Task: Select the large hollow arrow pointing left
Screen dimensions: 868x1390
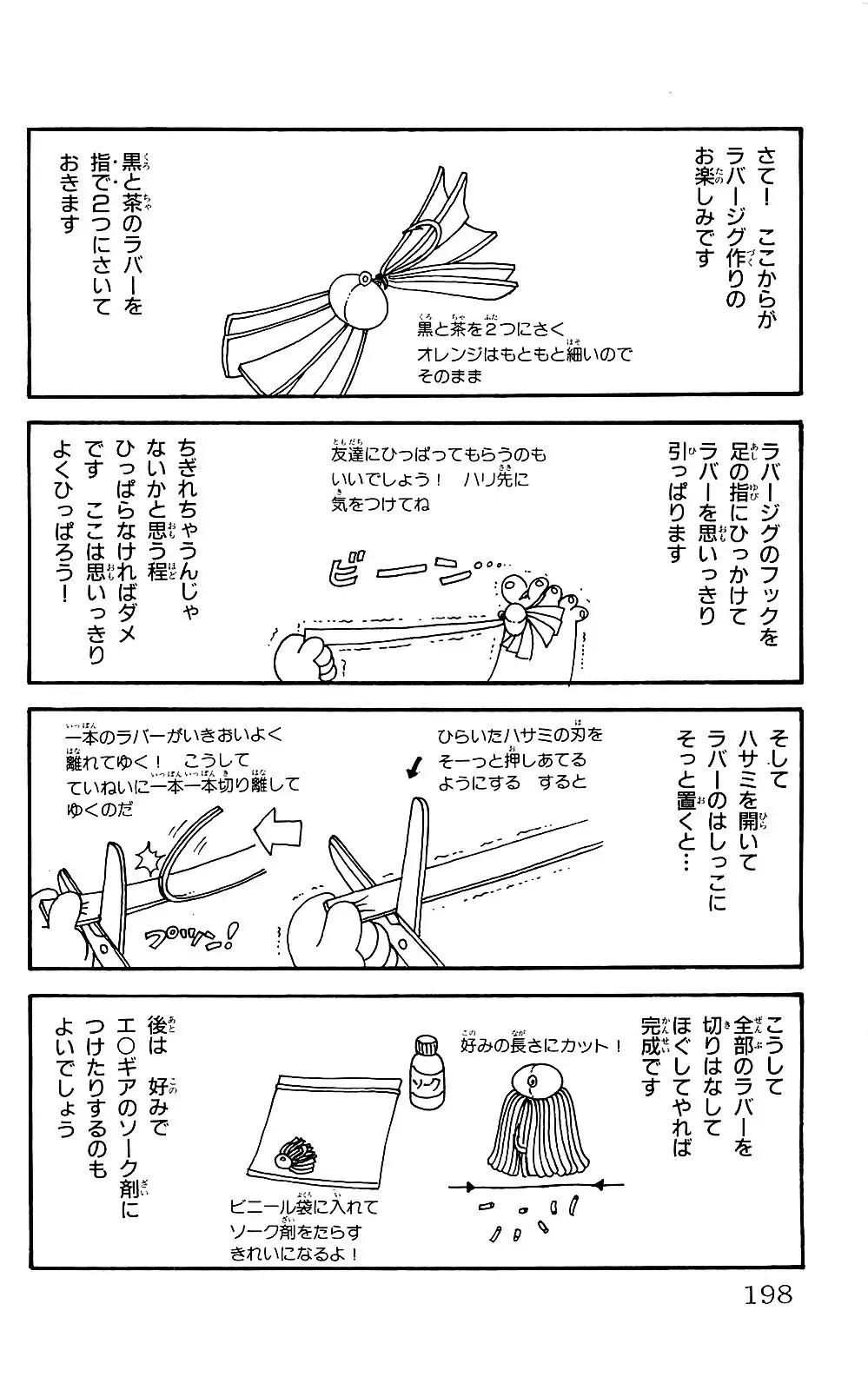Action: (x=280, y=831)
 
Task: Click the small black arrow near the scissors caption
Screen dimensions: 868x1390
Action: (x=414, y=767)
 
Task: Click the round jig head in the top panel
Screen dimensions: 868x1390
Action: (x=357, y=295)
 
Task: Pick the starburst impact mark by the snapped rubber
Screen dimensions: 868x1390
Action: (x=149, y=859)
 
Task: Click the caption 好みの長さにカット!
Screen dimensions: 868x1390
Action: (x=541, y=1046)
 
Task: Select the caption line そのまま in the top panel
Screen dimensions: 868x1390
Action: (x=449, y=376)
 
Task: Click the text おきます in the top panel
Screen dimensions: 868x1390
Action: (x=69, y=193)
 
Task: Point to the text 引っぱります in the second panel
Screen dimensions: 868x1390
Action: (x=677, y=503)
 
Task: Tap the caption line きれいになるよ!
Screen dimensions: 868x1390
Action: (x=294, y=1254)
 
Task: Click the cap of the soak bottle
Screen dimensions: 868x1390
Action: (x=426, y=1045)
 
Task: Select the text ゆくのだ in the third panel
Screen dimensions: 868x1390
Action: (x=99, y=809)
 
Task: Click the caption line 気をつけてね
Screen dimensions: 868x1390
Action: (x=381, y=505)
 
